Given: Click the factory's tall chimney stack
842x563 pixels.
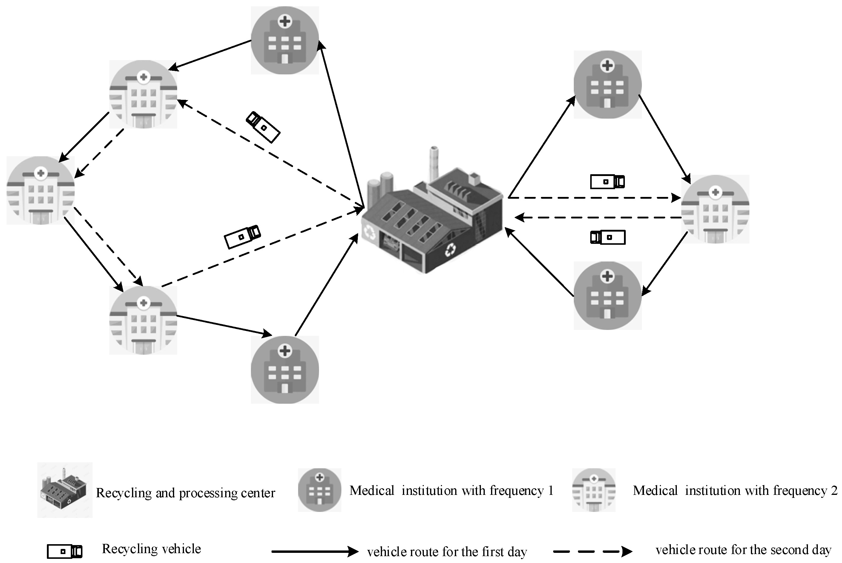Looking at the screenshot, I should tap(434, 163).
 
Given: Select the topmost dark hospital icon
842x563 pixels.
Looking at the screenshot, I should tap(285, 40).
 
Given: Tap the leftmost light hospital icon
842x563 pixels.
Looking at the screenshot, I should tap(41, 190).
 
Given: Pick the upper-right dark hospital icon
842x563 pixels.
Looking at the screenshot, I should tap(607, 84).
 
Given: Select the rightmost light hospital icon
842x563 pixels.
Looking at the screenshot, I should tap(715, 209).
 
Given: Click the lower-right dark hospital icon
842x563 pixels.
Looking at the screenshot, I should tap(607, 296).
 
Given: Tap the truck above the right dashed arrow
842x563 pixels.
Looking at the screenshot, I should tap(607, 182).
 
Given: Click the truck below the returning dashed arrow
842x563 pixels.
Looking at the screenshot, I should tap(608, 237).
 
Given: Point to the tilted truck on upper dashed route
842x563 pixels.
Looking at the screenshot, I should tap(263, 127).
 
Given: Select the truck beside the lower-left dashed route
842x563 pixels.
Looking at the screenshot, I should tap(242, 237).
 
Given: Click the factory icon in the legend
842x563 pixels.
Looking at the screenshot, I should tap(65, 490).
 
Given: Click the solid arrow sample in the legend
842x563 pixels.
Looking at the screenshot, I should tap(315, 551).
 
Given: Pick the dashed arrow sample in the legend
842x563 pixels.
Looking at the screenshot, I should tap(592, 551).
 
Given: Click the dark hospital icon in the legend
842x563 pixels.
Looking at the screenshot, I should tap(319, 490).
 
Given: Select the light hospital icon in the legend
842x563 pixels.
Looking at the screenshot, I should tap(593, 490).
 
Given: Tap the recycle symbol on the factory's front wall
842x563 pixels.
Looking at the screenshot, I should tap(450, 250).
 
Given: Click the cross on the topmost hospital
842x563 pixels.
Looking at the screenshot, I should tap(285, 21).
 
